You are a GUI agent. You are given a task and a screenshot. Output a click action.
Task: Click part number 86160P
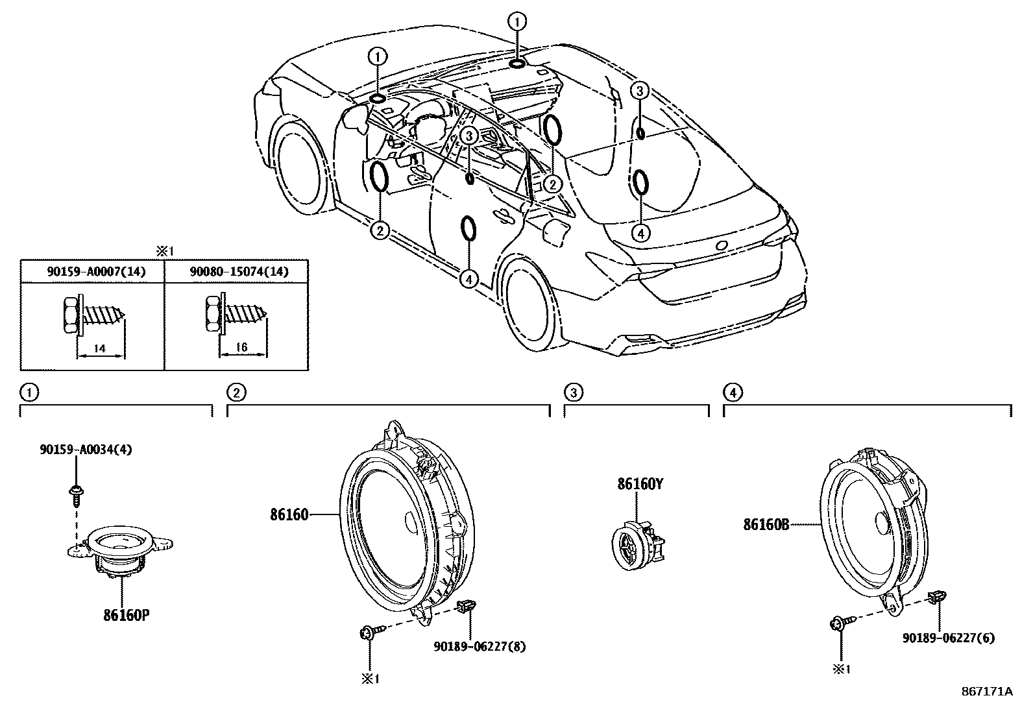coord(126,614)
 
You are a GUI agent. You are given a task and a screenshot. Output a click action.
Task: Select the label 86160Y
coord(640,484)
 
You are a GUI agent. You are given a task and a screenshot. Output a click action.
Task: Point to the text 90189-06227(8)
coord(480,646)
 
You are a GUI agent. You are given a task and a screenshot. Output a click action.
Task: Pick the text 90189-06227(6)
coord(948,638)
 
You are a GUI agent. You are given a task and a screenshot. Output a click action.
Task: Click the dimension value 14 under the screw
coord(100,348)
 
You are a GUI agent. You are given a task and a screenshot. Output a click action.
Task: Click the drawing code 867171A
coord(986,691)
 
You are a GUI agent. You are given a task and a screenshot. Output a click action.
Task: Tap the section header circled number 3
coord(572,392)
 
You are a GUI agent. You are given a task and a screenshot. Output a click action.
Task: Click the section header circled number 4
coord(731,392)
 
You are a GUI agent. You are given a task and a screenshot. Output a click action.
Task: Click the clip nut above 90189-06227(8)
coord(467,607)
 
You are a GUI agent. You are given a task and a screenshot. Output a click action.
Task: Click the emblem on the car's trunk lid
coord(721,247)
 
